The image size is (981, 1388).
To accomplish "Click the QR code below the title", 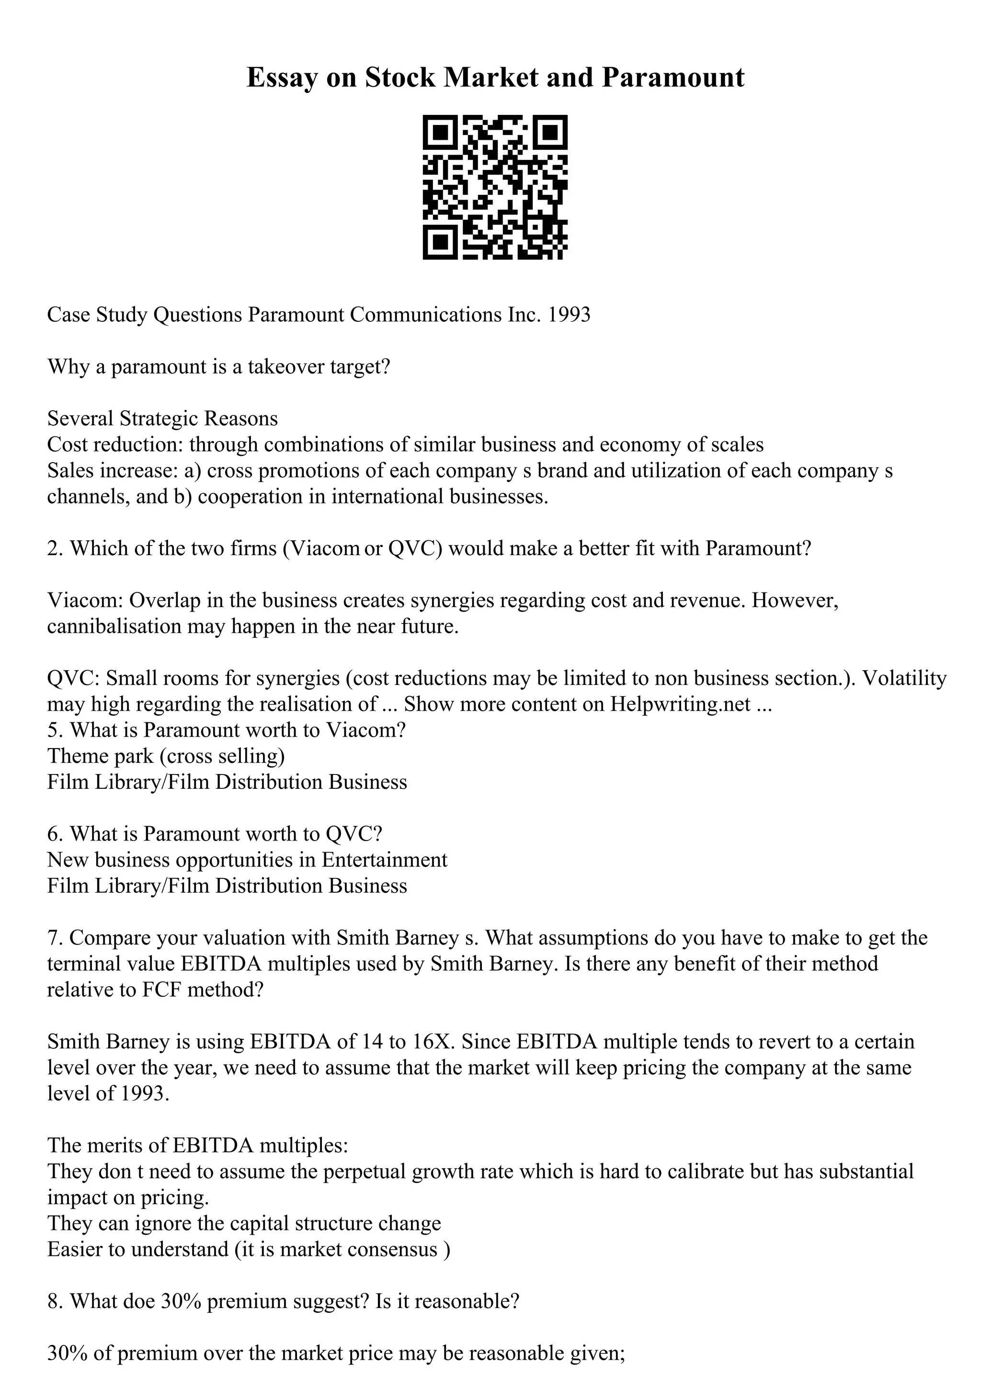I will pyautogui.click(x=494, y=187).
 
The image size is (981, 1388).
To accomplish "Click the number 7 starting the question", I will pyautogui.click(x=53, y=938).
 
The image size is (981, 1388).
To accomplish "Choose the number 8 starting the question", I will pyautogui.click(x=53, y=1301).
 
